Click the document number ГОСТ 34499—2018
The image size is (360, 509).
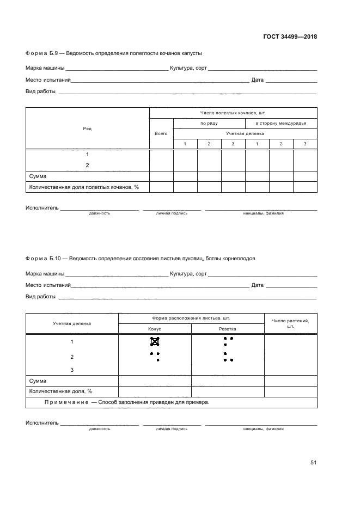click(290, 37)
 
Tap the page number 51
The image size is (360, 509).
click(313, 463)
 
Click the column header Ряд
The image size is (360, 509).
click(87, 128)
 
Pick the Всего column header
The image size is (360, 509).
click(161, 133)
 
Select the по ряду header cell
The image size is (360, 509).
click(209, 123)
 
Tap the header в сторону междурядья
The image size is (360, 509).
click(281, 123)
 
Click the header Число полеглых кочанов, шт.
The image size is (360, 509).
click(233, 113)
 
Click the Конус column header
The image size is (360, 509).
click(155, 329)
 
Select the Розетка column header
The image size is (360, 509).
click(228, 329)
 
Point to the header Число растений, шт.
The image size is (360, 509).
click(290, 323)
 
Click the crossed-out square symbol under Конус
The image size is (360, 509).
click(155, 342)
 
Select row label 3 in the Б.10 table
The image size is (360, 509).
click(72, 370)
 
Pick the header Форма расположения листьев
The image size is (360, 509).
click(191, 318)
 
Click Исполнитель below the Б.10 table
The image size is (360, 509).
click(42, 423)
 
